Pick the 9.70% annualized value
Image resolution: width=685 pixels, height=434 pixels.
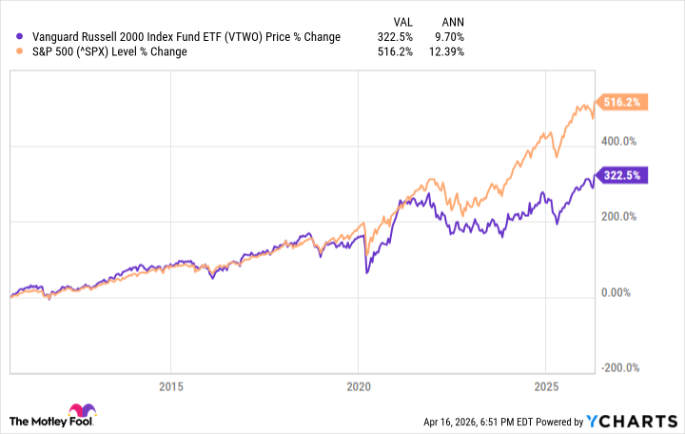pos(447,37)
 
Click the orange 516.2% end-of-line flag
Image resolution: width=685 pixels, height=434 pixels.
pos(622,102)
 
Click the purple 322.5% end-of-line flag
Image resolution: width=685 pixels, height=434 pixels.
pos(622,175)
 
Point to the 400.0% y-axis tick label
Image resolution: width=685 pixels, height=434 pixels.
pos(622,141)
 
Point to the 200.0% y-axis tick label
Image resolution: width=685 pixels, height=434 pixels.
pos(622,217)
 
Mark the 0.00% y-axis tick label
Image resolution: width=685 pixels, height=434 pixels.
pos(619,292)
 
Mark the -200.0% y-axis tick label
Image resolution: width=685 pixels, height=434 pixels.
pos(621,368)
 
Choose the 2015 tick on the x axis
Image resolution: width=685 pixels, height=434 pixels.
pos(170,387)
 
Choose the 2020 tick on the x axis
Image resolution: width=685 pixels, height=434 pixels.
pos(358,387)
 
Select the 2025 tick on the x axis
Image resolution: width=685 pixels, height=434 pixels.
pos(545,387)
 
